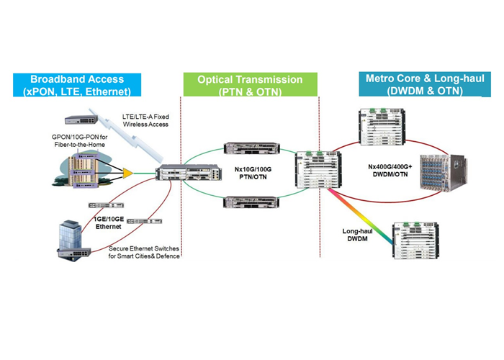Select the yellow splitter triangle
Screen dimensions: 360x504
pos(127,173)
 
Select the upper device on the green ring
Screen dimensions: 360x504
pos(246,150)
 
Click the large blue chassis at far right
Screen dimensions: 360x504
pos(446,176)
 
